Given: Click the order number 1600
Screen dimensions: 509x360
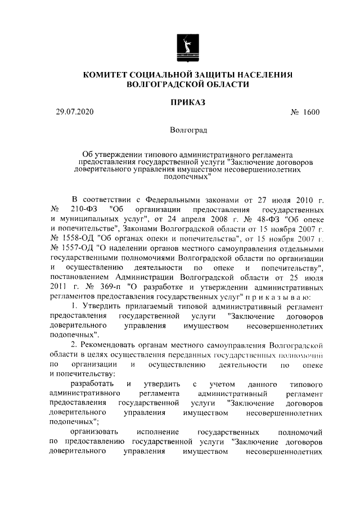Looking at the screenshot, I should pyautogui.click(x=309, y=112).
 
